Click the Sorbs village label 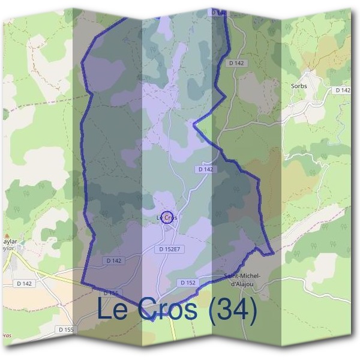pyautogui.click(x=299, y=86)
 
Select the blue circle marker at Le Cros pyautogui.click(x=169, y=217)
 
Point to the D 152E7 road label pyautogui.click(x=170, y=248)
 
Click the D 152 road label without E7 pyautogui.click(x=187, y=282)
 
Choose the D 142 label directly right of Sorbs pyautogui.click(x=343, y=90)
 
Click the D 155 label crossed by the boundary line pyautogui.click(x=112, y=293)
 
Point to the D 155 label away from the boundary pyautogui.click(x=66, y=329)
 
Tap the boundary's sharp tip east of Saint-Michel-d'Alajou pyautogui.click(x=273, y=253)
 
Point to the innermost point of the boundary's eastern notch pyautogui.click(x=194, y=125)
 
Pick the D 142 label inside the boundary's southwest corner pyautogui.click(x=114, y=260)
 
